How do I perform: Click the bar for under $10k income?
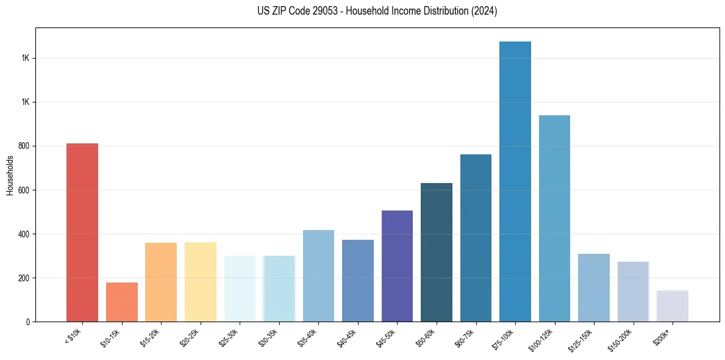(x=82, y=232)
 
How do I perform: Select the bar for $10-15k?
(x=122, y=302)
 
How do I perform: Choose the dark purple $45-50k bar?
(x=397, y=266)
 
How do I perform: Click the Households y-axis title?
(x=10, y=176)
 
